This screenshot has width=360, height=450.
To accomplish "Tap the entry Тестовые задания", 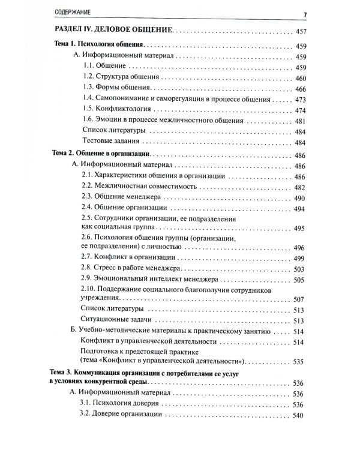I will (111, 142).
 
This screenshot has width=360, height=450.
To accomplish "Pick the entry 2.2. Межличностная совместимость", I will (131, 186).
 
